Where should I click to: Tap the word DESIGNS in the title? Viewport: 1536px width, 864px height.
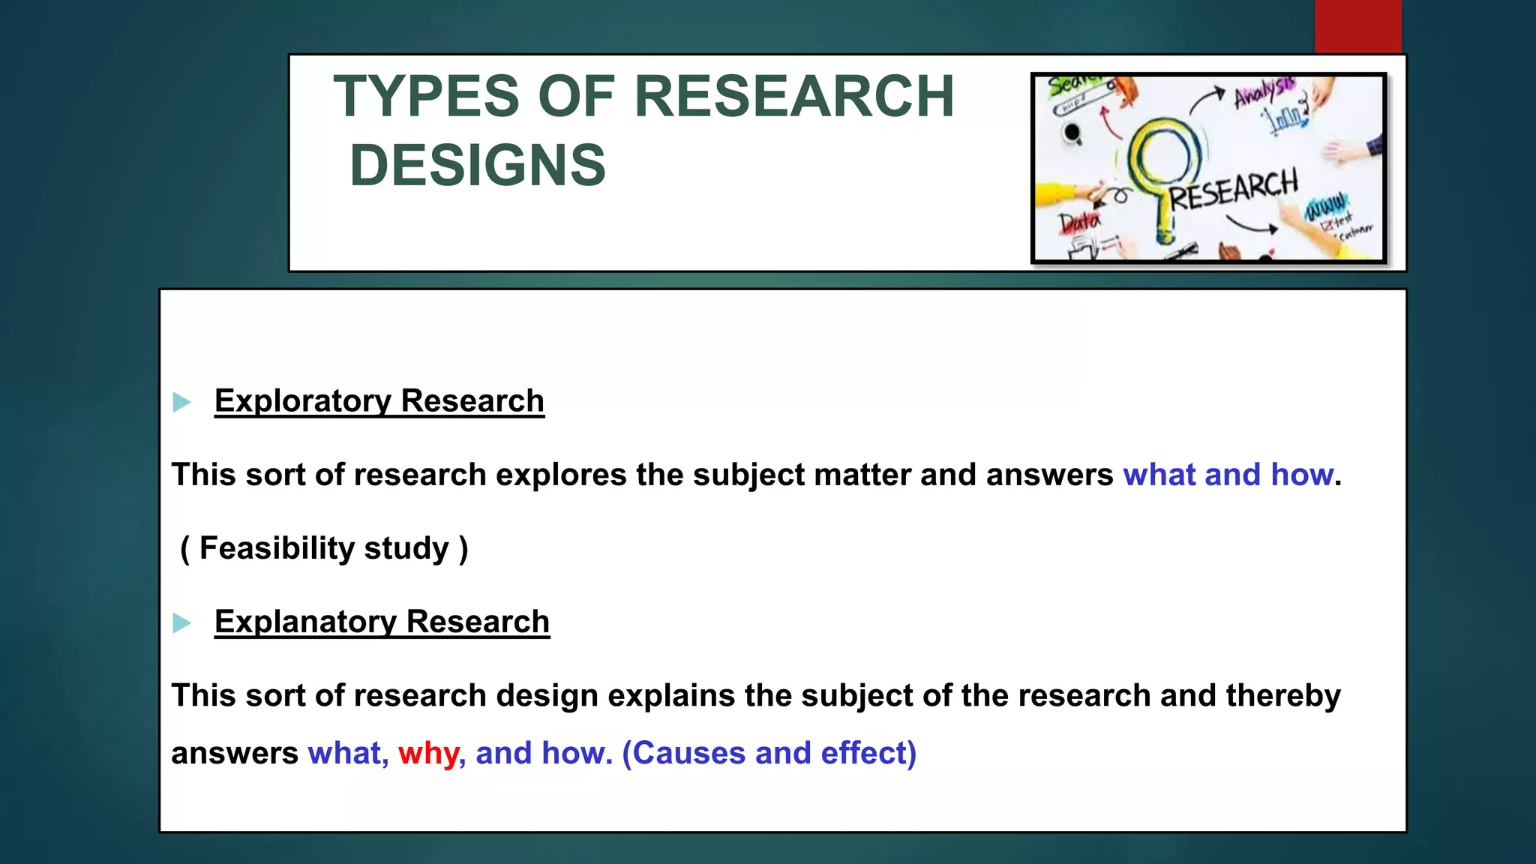tap(478, 166)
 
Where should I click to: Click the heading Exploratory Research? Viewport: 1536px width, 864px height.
tap(379, 400)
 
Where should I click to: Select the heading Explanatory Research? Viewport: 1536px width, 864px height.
tap(382, 622)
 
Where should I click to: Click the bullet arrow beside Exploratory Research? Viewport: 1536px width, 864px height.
tap(181, 403)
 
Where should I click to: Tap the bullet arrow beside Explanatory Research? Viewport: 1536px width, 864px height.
tap(181, 623)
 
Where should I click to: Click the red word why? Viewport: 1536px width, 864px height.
tap(428, 754)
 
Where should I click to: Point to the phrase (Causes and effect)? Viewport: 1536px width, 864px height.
tap(769, 753)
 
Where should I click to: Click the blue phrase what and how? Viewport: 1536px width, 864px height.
tap(1228, 475)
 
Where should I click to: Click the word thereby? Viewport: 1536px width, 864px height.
tap(1282, 695)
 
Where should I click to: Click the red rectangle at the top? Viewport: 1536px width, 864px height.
tap(1357, 26)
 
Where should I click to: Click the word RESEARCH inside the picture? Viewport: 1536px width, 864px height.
tap(1234, 190)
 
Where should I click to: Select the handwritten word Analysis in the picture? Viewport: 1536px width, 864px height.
tap(1264, 92)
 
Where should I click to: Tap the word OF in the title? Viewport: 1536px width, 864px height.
tap(577, 97)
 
